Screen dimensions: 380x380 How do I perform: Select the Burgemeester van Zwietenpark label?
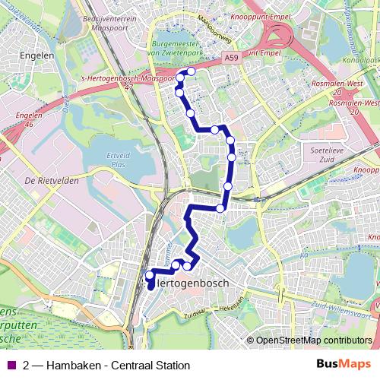point(184,49)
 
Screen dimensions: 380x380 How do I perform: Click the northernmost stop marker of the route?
point(191,71)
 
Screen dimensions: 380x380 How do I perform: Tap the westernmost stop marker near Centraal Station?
point(149,274)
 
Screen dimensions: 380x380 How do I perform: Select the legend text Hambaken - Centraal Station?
point(118,366)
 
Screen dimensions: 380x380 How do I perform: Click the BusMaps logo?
point(343,364)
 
